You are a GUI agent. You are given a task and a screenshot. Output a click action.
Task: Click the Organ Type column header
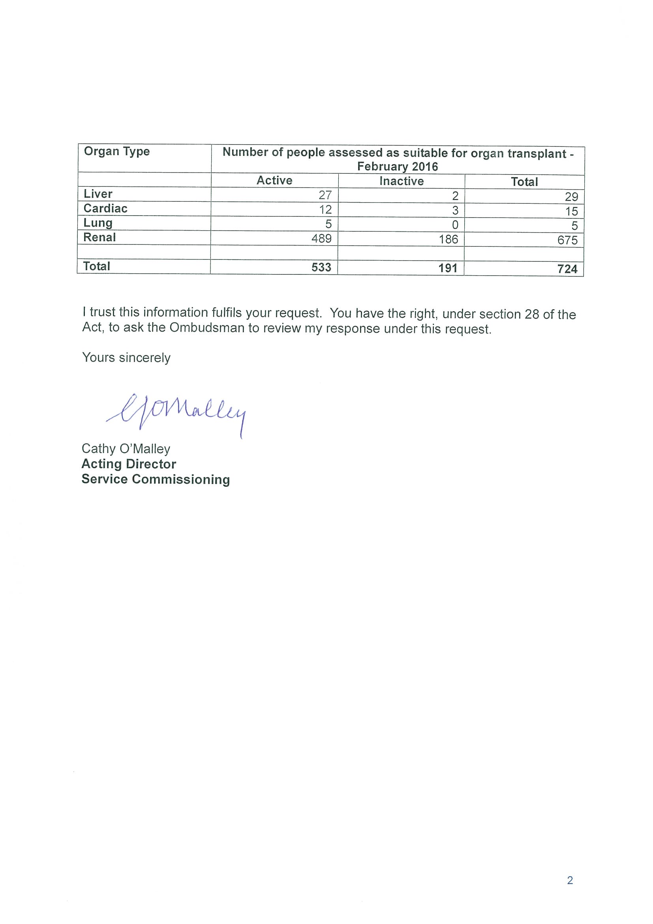click(117, 151)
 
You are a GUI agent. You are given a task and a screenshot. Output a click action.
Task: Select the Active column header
click(274, 180)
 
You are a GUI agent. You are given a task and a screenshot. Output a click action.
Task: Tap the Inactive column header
click(402, 181)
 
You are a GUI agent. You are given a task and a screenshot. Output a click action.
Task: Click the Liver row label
click(98, 194)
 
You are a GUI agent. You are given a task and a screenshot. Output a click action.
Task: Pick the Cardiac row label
click(105, 208)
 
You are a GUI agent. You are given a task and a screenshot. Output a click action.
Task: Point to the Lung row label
click(98, 223)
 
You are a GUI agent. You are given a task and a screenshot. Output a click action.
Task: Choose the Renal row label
click(99, 237)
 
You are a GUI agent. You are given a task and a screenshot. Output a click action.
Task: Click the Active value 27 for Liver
click(325, 195)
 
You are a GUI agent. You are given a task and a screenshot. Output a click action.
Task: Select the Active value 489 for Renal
click(321, 239)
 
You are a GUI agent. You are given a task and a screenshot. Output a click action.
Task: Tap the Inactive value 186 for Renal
click(448, 239)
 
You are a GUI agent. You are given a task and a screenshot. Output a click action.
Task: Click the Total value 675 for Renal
click(567, 240)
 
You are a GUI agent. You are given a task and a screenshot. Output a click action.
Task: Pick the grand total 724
click(567, 269)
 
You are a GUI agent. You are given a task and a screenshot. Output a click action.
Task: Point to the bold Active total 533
click(321, 267)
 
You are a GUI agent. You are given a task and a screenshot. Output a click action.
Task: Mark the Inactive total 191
click(448, 268)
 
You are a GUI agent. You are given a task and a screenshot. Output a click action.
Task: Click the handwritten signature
click(177, 413)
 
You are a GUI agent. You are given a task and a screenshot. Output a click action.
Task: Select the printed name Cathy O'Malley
click(126, 449)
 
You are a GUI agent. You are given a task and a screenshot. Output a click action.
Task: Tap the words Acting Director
click(129, 464)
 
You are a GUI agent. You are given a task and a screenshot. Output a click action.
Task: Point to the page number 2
click(570, 881)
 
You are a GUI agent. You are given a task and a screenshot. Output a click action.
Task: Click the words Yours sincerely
click(126, 357)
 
